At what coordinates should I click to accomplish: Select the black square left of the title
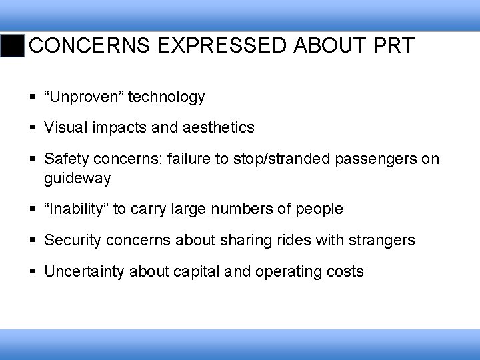(x=13, y=46)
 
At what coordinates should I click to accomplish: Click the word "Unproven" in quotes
(x=84, y=97)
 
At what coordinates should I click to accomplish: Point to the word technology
(x=167, y=97)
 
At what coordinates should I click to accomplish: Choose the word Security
(x=71, y=240)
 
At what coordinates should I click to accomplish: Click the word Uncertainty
(x=85, y=272)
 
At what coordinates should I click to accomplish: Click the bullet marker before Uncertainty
(x=34, y=272)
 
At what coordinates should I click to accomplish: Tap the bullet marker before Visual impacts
(x=34, y=127)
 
